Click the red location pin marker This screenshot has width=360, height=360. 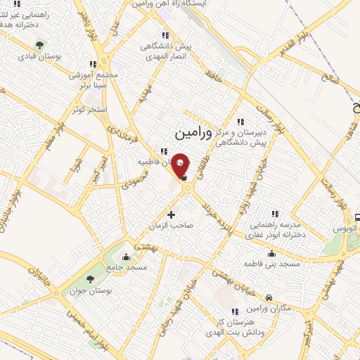point(181,165)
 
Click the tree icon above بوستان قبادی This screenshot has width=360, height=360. point(39,45)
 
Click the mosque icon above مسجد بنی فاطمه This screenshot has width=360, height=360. point(271,254)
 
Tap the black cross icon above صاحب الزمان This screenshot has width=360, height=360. point(171,214)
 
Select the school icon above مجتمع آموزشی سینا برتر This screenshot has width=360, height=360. point(93,63)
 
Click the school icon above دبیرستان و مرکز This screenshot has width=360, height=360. point(240,122)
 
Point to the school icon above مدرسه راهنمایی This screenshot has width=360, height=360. point(275,213)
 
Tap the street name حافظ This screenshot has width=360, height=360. point(212,77)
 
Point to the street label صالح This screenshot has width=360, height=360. point(345,82)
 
